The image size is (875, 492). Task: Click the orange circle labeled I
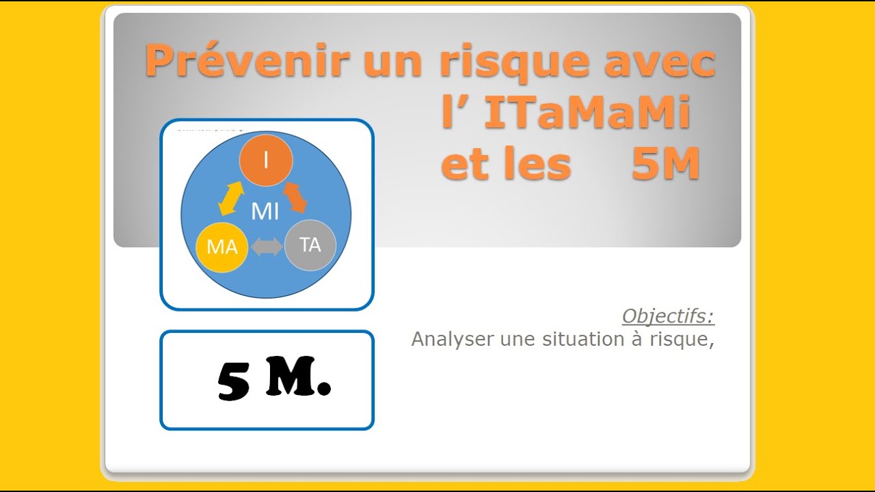click(x=266, y=161)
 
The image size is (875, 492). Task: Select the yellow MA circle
click(x=221, y=247)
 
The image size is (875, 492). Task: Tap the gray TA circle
click(x=310, y=245)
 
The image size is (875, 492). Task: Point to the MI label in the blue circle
click(x=265, y=212)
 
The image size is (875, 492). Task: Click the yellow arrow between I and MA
click(x=230, y=199)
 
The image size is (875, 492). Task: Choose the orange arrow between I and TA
click(x=296, y=197)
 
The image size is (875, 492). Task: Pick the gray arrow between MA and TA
click(x=267, y=247)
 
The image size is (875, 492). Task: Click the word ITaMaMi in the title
click(x=587, y=114)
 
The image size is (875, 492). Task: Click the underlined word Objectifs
click(x=668, y=316)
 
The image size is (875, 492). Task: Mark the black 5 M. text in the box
click(x=273, y=380)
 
